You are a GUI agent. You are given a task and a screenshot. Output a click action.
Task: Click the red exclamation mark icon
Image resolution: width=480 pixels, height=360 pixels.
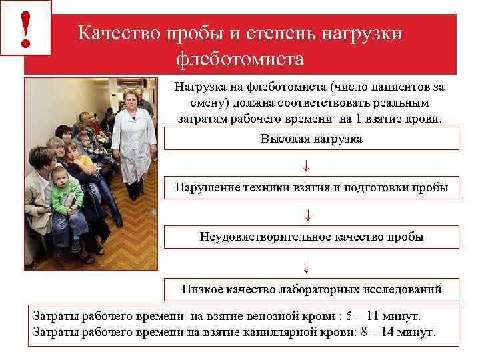coord(26,28)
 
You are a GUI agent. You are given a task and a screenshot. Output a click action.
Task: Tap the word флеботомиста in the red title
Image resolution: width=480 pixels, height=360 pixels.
coord(240,59)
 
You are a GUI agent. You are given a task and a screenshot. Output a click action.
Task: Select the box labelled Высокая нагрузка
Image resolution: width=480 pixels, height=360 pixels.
coord(311,139)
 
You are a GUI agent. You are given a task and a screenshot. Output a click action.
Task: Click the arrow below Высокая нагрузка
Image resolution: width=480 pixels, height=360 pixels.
coord(306,165)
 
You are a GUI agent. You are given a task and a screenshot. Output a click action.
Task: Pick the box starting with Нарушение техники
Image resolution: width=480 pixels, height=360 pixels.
coord(311,187)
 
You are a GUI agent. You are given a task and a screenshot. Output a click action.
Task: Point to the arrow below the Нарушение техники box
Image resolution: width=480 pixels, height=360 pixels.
coord(307,215)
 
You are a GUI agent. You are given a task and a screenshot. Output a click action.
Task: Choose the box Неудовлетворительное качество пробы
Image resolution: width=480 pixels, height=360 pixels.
coord(311,237)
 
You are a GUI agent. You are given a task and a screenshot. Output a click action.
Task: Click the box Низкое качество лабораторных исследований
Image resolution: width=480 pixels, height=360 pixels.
coord(311,289)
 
